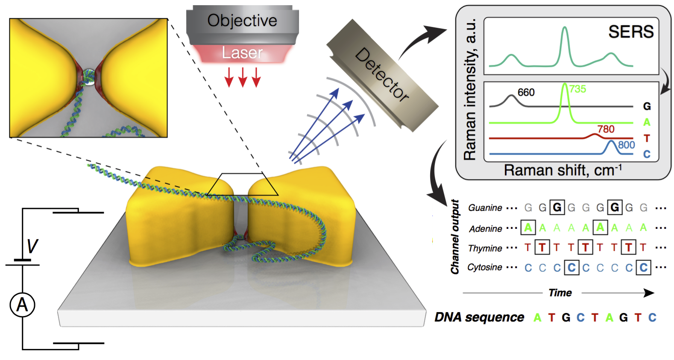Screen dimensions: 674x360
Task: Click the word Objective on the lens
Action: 242,21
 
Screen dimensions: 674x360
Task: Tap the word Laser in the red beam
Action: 242,53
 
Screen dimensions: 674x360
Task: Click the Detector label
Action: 382,75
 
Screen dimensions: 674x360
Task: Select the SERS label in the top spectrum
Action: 631,32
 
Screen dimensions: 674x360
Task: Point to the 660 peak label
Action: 526,92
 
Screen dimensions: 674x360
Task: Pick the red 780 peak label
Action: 606,129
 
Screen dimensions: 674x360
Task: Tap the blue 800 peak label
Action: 627,145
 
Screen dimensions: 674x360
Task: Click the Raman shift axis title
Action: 563,170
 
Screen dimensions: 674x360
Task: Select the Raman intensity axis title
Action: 470,89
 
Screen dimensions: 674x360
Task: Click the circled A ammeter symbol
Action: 23,305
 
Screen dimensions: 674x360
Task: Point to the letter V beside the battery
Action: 32,246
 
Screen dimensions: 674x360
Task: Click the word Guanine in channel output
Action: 485,208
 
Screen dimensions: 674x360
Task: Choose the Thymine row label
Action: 485,249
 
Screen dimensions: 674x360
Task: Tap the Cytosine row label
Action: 485,267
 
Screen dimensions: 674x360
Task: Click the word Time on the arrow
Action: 560,293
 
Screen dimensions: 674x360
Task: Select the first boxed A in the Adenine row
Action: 528,227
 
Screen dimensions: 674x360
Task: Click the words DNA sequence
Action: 479,317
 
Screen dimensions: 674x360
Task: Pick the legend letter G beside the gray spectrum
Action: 647,106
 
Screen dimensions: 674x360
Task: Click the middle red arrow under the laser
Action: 243,77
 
